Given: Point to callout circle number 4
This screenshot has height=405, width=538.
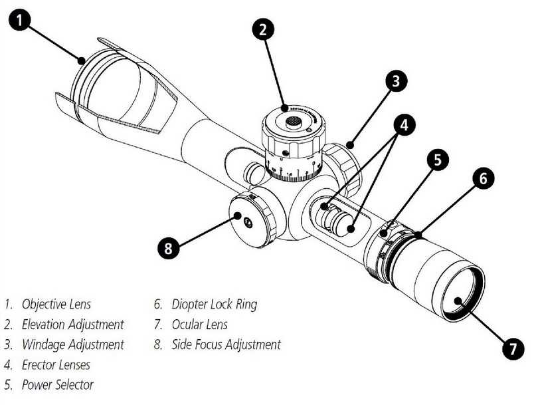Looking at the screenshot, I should click(403, 124).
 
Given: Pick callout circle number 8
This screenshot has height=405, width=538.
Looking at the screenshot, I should click(169, 249).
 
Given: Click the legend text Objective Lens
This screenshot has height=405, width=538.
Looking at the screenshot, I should click(56, 305).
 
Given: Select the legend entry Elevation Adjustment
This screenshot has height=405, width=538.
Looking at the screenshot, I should click(72, 325).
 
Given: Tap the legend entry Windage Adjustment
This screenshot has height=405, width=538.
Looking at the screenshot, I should click(72, 344).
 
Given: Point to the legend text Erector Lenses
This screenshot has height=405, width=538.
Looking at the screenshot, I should click(56, 364).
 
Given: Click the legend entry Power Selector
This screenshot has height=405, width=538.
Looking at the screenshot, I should click(58, 384).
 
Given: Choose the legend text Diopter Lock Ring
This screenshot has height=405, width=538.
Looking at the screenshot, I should click(214, 305).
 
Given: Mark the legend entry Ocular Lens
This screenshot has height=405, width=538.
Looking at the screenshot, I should click(199, 325).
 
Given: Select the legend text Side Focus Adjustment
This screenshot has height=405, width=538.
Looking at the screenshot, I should click(226, 344).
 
